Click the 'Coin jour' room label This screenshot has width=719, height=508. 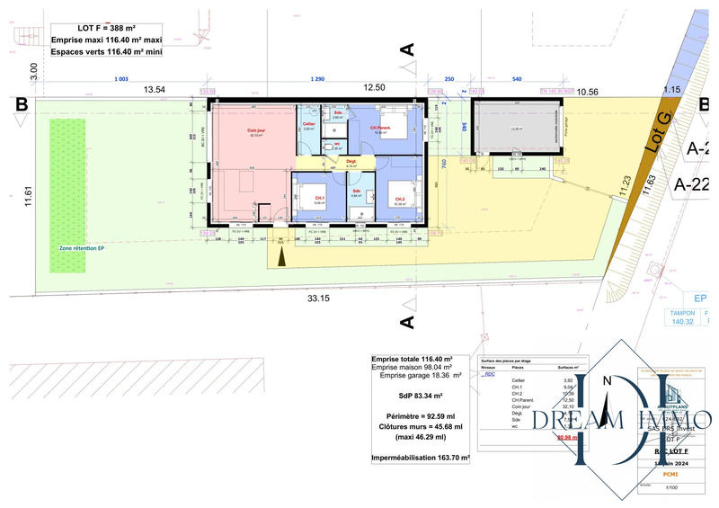(256, 129)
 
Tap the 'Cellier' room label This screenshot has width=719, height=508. (308, 123)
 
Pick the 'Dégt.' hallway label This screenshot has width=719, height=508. (351, 162)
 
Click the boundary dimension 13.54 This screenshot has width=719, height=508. (155, 89)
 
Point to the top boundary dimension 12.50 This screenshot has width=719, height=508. (374, 87)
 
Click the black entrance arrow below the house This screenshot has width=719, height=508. (282, 258)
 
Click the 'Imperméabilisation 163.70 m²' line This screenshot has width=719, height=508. (421, 458)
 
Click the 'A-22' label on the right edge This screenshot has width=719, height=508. (693, 184)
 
